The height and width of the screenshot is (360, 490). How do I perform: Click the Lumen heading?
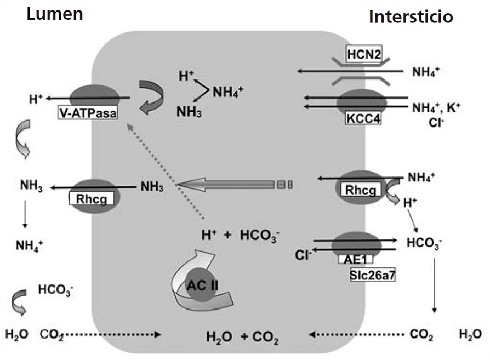[x=55, y=14]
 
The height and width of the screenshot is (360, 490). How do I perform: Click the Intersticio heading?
[x=411, y=17]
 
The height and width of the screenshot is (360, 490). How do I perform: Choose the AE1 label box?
[x=362, y=259]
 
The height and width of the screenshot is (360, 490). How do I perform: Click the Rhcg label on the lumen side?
[x=90, y=199]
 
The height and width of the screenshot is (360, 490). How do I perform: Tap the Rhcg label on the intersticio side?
[x=360, y=191]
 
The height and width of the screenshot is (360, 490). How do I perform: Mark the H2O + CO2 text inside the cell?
[x=242, y=336]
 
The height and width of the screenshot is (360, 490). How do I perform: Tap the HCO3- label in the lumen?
[x=54, y=289]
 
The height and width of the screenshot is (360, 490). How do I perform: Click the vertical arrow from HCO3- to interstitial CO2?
[x=434, y=285]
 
